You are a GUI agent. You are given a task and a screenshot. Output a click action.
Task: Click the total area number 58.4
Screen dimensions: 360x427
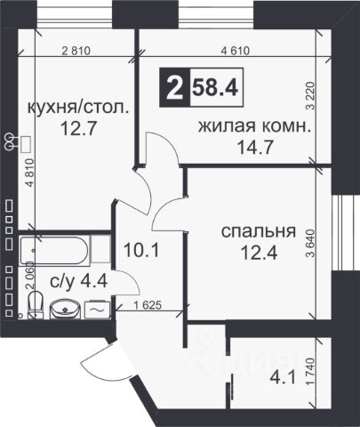[x=215, y=87]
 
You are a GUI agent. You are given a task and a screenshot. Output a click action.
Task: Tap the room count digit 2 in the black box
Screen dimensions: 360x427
[x=174, y=87]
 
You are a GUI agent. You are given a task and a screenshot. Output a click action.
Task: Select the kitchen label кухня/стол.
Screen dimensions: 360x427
[x=78, y=108]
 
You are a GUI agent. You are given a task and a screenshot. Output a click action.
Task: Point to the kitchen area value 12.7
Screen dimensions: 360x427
[x=78, y=128]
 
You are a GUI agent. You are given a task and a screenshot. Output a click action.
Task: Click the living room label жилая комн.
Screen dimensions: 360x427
[x=255, y=127]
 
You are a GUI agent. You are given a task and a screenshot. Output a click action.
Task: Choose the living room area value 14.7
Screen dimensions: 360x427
[x=255, y=148]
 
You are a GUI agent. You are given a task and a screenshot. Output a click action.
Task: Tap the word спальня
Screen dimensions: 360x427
[x=259, y=231]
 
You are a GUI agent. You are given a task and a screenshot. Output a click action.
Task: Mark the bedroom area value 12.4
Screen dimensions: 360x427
[x=260, y=253]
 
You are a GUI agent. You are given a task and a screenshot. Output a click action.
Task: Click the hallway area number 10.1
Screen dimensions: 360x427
[x=141, y=250]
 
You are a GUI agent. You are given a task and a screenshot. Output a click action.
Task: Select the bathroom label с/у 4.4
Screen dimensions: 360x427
[x=78, y=281]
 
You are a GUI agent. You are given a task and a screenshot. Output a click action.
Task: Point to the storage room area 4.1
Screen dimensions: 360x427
[x=283, y=378]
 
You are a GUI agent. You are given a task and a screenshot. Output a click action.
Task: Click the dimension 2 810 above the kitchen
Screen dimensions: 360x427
[x=76, y=51]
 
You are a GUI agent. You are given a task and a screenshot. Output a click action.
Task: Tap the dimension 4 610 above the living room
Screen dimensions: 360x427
[x=236, y=51]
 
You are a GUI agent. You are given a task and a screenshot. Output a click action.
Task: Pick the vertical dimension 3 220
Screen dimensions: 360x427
[x=311, y=96]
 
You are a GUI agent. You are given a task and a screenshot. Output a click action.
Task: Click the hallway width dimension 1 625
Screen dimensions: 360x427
[x=148, y=305]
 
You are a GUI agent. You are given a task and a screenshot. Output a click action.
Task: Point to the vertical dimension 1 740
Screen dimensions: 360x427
[x=310, y=372]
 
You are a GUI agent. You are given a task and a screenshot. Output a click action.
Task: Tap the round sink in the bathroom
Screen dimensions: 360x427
[x=65, y=309]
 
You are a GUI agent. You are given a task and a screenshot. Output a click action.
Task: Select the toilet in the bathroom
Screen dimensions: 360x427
[x=36, y=304]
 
